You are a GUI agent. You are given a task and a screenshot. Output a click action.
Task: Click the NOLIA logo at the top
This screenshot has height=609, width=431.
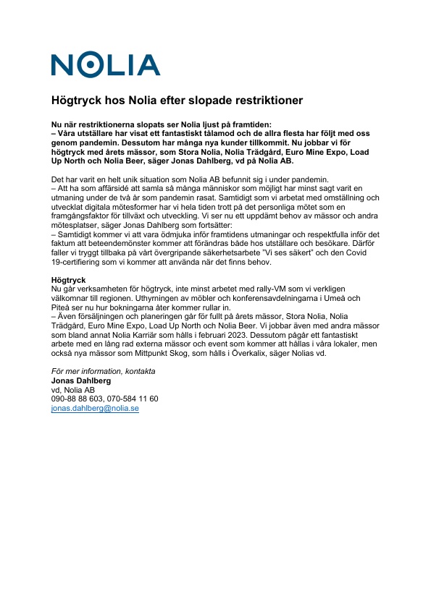(105, 64)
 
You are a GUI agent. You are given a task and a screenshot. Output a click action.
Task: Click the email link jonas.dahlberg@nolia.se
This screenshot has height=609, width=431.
(95, 408)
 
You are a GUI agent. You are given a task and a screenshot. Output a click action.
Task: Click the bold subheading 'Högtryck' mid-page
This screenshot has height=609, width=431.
(68, 279)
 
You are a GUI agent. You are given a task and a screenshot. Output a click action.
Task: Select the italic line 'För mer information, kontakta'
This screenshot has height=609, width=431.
(103, 371)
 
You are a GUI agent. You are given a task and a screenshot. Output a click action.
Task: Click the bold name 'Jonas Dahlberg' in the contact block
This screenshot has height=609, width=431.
(81, 380)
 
